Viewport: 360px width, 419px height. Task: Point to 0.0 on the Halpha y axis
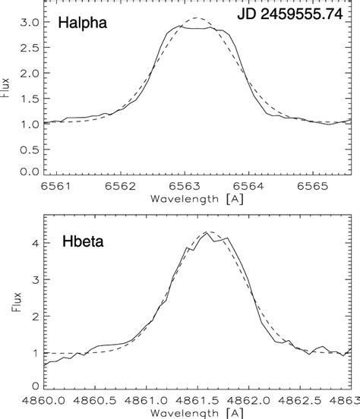pos(31,172)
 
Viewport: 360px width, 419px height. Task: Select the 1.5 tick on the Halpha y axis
pos(31,97)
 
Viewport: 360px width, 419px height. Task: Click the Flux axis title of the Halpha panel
pos(9,99)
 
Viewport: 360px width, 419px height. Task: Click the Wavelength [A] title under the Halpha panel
pos(196,198)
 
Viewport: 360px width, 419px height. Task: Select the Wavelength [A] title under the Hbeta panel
pos(196,412)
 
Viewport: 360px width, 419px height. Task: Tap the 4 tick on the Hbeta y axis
pos(34,244)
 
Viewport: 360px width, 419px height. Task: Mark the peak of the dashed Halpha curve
pos(197,17)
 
